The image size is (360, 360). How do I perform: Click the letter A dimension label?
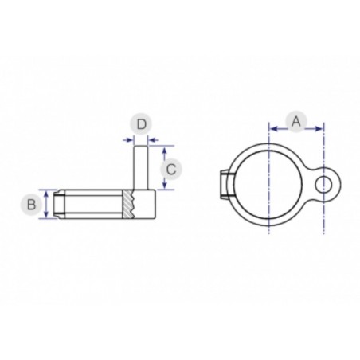295,121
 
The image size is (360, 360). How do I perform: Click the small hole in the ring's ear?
323,186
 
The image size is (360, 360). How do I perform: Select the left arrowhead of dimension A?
272,127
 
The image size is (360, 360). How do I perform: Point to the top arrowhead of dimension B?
50,194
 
